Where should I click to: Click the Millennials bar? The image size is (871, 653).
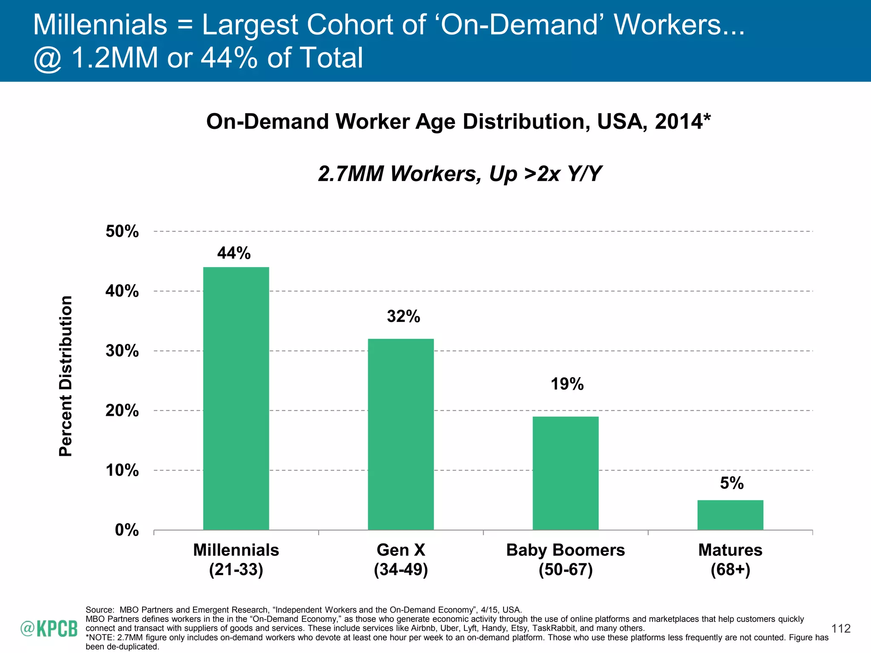[236, 398]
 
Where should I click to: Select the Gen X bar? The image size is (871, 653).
[401, 434]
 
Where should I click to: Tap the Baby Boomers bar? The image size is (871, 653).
[565, 473]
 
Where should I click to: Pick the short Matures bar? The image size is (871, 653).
[730, 515]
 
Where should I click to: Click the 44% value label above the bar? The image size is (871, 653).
[234, 253]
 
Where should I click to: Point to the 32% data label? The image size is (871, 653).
[403, 316]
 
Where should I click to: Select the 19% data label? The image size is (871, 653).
[567, 384]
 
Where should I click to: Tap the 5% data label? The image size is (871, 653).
[732, 483]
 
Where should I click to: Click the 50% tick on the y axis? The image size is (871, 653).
[122, 231]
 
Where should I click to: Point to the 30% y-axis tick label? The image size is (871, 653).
[122, 351]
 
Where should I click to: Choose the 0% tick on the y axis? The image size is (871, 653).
[126, 530]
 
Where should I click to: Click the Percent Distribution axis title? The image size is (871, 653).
[66, 376]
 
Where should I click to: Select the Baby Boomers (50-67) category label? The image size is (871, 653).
[565, 559]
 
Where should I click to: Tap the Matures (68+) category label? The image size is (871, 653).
[730, 559]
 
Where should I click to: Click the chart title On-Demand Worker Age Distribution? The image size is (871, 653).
[458, 122]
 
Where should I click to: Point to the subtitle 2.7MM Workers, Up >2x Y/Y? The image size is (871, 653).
[460, 173]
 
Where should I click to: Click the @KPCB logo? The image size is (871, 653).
[49, 629]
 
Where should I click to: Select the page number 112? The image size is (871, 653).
[840, 628]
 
